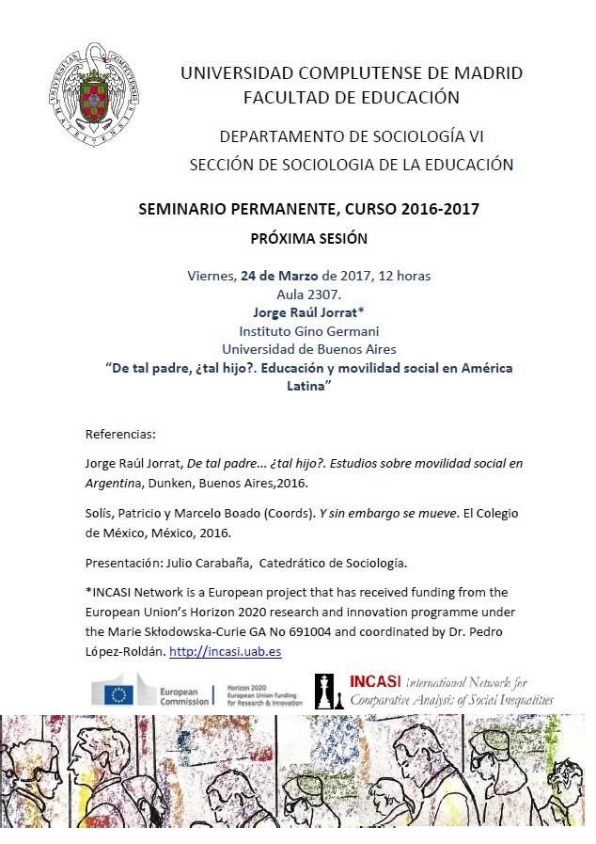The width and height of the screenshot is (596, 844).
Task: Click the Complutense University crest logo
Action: (92, 95)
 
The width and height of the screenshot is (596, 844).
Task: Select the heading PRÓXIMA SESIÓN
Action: (308, 238)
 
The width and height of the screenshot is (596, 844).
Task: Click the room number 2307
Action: (321, 295)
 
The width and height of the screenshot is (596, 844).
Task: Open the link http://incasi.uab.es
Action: (226, 651)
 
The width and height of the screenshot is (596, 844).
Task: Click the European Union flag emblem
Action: (119, 694)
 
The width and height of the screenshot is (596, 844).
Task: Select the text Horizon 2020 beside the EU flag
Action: (247, 688)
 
